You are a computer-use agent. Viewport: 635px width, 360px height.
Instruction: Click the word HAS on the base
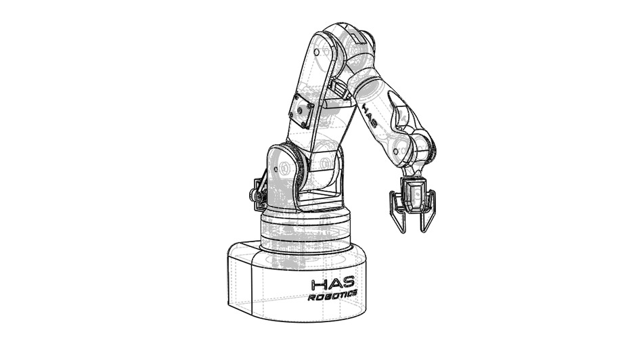[333, 284]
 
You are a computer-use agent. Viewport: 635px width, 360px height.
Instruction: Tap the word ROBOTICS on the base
[332, 296]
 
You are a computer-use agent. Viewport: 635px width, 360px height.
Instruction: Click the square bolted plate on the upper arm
[301, 111]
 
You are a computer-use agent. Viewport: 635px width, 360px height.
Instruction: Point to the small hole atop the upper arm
[316, 52]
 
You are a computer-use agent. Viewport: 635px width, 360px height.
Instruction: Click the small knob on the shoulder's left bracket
[257, 197]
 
